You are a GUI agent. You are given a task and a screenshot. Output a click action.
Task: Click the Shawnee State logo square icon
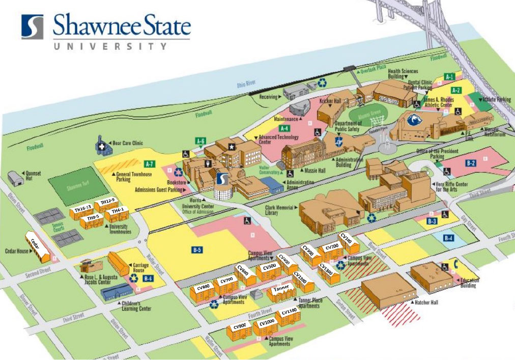32,27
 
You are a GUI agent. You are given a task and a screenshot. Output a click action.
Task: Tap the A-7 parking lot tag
150,164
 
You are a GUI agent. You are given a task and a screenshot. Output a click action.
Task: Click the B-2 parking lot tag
471,163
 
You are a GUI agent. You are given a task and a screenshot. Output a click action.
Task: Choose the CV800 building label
204,287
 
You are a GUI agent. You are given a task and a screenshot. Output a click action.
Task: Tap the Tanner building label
281,288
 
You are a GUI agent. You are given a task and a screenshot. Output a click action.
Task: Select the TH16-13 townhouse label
83,208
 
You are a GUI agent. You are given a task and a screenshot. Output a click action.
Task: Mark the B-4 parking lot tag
448,238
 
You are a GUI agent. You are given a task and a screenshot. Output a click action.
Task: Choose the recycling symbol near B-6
134,278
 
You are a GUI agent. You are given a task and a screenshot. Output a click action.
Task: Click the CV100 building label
347,238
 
